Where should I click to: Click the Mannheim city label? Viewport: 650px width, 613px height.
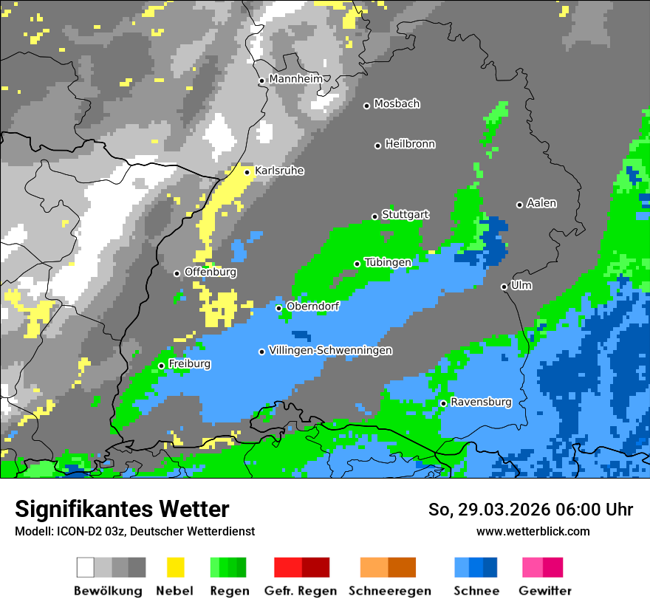point(296,79)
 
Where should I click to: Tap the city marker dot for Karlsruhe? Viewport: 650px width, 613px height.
point(247,172)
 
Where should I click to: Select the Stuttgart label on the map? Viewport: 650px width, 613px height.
point(405,215)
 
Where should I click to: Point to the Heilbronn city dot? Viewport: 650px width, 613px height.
point(377,145)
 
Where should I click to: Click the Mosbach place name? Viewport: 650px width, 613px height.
point(397,104)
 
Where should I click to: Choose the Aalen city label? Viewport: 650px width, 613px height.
point(541,203)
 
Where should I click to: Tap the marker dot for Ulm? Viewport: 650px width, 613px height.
point(504,287)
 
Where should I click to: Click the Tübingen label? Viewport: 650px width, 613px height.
point(388,262)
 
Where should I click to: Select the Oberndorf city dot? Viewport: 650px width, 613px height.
point(279,308)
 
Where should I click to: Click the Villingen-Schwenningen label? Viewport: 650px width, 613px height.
point(330,351)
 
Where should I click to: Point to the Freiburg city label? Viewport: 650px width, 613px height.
point(189,364)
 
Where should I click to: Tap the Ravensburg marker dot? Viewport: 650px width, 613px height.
point(443,403)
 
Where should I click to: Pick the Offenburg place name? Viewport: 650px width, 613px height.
point(210,272)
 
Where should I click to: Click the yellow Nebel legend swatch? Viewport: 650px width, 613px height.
point(175,567)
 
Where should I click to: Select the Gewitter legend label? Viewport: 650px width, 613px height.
point(544,591)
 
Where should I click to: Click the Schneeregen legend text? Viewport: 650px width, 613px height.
point(389,591)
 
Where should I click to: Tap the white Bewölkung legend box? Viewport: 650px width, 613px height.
point(86,567)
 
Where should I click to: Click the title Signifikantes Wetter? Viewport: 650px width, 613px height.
point(122,510)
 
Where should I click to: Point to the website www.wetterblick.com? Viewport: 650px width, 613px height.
point(533,531)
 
